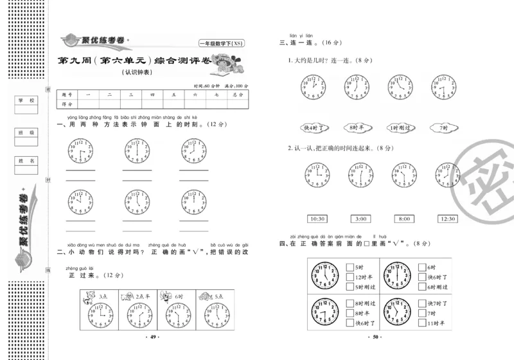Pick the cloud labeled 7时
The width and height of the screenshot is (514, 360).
pyautogui.click(x=442, y=127)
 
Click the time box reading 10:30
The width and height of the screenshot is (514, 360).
pyautogui.click(x=318, y=219)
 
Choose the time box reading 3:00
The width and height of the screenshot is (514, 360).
pyautogui.click(x=361, y=219)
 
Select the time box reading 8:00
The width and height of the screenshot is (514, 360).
pyautogui.click(x=404, y=219)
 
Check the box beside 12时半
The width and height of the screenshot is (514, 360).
pyautogui.click(x=349, y=276)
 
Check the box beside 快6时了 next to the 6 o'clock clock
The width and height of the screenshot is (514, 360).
pyautogui.click(x=421, y=276)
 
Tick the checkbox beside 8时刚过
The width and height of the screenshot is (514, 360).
pyautogui.click(x=349, y=303)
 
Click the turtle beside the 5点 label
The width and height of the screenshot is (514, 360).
pyautogui.click(x=205, y=296)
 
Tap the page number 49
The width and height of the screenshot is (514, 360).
pyautogui.click(x=153, y=337)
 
